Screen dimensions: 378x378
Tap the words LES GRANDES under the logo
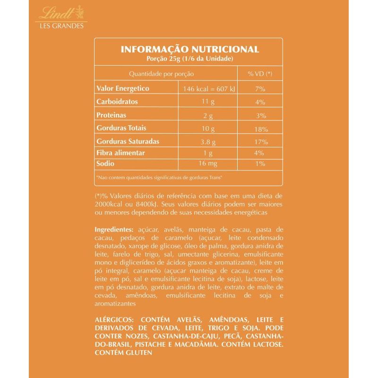(x=61, y=26)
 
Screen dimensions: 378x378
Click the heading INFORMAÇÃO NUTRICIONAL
(x=189, y=50)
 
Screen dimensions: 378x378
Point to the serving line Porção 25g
(x=189, y=59)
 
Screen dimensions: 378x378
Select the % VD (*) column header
(x=260, y=74)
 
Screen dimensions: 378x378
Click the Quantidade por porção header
(x=162, y=74)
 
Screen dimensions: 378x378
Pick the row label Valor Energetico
(x=123, y=88)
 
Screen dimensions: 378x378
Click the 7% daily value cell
(x=260, y=89)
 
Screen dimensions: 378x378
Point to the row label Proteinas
(x=112, y=115)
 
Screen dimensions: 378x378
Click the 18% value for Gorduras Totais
(x=260, y=129)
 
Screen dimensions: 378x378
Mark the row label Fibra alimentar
(x=120, y=153)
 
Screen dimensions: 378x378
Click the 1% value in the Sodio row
(x=260, y=164)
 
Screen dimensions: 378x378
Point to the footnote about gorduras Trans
(x=159, y=178)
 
